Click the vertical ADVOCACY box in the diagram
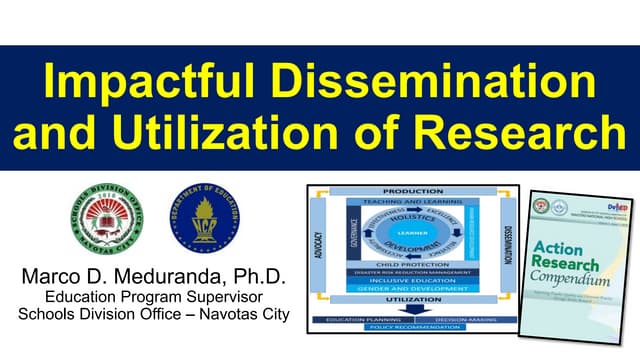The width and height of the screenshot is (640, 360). pyautogui.click(x=318, y=254)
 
